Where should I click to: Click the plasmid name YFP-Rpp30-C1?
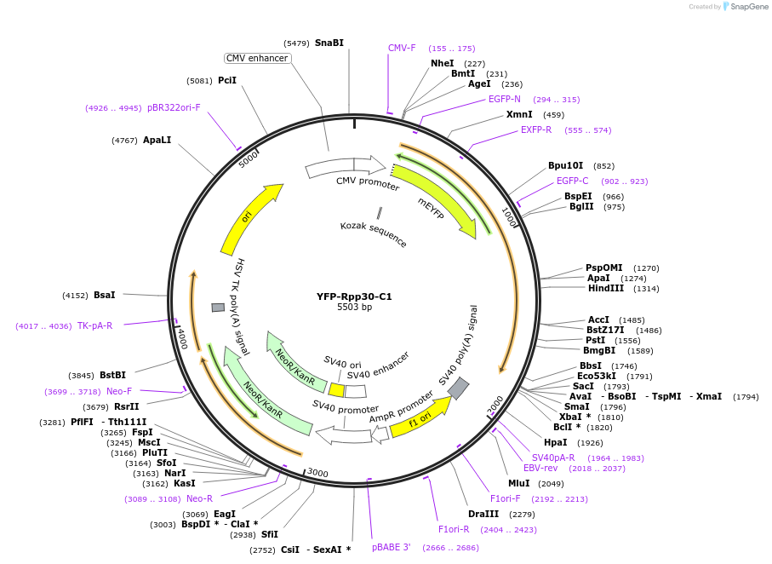point(354,296)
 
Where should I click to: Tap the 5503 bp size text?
point(354,308)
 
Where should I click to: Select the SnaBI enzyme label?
point(329,43)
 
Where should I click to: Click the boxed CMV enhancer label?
point(257,58)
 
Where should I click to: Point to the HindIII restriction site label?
point(606,289)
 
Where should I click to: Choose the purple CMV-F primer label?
point(402,48)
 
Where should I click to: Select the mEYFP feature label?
point(431,209)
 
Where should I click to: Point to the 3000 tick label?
point(317,473)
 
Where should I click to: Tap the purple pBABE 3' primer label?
point(392,547)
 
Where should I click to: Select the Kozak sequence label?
point(374,234)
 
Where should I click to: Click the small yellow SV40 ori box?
point(337,390)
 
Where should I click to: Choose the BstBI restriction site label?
point(112,375)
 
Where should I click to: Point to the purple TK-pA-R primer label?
point(94,325)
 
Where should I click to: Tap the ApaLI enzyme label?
point(157,140)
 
